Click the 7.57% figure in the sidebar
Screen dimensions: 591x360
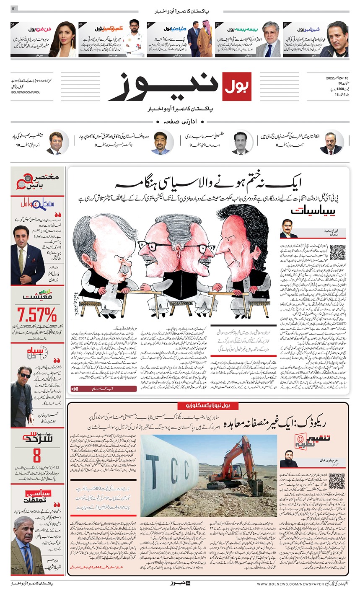tap(37, 314)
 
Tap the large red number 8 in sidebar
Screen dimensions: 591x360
tap(37, 455)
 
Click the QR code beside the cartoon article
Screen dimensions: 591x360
tap(337, 252)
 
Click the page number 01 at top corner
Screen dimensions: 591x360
tap(14, 9)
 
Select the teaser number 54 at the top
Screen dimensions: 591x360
tap(13, 24)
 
